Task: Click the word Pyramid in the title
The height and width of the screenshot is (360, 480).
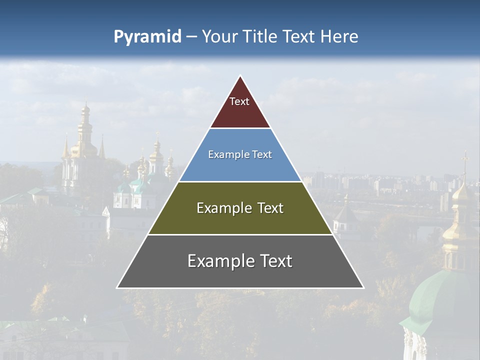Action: [147, 37]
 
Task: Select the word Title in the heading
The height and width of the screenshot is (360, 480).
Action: [260, 36]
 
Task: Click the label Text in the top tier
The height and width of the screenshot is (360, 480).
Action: [239, 101]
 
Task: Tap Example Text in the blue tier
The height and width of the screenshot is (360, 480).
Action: [240, 154]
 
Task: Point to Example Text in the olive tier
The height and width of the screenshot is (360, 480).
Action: [240, 208]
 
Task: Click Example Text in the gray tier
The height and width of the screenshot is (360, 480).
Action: [240, 261]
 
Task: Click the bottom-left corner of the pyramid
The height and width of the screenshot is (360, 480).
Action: [117, 287]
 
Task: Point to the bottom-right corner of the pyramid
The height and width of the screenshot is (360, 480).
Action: [363, 287]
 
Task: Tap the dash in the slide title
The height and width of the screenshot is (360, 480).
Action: [191, 36]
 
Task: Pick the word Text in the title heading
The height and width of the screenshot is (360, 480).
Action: [299, 36]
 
